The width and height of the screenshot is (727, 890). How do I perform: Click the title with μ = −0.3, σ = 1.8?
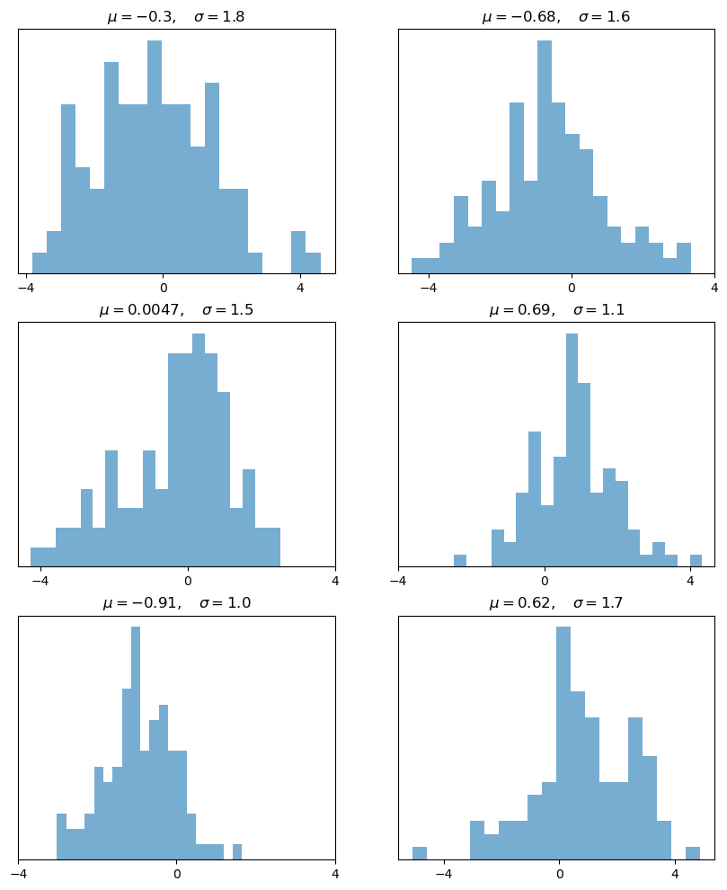(176, 17)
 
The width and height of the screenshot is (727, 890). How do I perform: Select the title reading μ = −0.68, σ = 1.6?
(555, 17)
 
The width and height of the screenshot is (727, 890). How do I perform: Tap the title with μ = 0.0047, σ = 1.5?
(176, 310)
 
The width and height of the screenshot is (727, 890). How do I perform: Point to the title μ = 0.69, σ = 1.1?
(555, 310)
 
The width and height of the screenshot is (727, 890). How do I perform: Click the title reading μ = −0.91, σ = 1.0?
(176, 603)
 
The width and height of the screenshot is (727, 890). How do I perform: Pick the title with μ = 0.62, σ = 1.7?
(555, 603)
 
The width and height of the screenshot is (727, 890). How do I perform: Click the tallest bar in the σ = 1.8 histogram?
(155, 157)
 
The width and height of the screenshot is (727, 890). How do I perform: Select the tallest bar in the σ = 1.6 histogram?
(544, 157)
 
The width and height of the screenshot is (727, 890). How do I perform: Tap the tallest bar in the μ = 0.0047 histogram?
(199, 449)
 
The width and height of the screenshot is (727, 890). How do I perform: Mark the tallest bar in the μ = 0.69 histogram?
(572, 449)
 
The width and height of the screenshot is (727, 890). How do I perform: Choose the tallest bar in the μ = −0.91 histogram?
(136, 743)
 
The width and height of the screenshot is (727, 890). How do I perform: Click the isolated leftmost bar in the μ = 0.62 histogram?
(420, 853)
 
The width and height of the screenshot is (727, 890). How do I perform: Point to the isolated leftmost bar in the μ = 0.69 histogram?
(460, 561)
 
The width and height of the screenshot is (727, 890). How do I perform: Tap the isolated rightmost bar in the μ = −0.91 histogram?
(237, 852)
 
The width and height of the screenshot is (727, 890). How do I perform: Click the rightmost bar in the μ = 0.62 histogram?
(693, 853)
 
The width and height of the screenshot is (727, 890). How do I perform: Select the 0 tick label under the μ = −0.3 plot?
(164, 289)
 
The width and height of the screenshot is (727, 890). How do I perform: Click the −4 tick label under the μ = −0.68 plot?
(428, 289)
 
